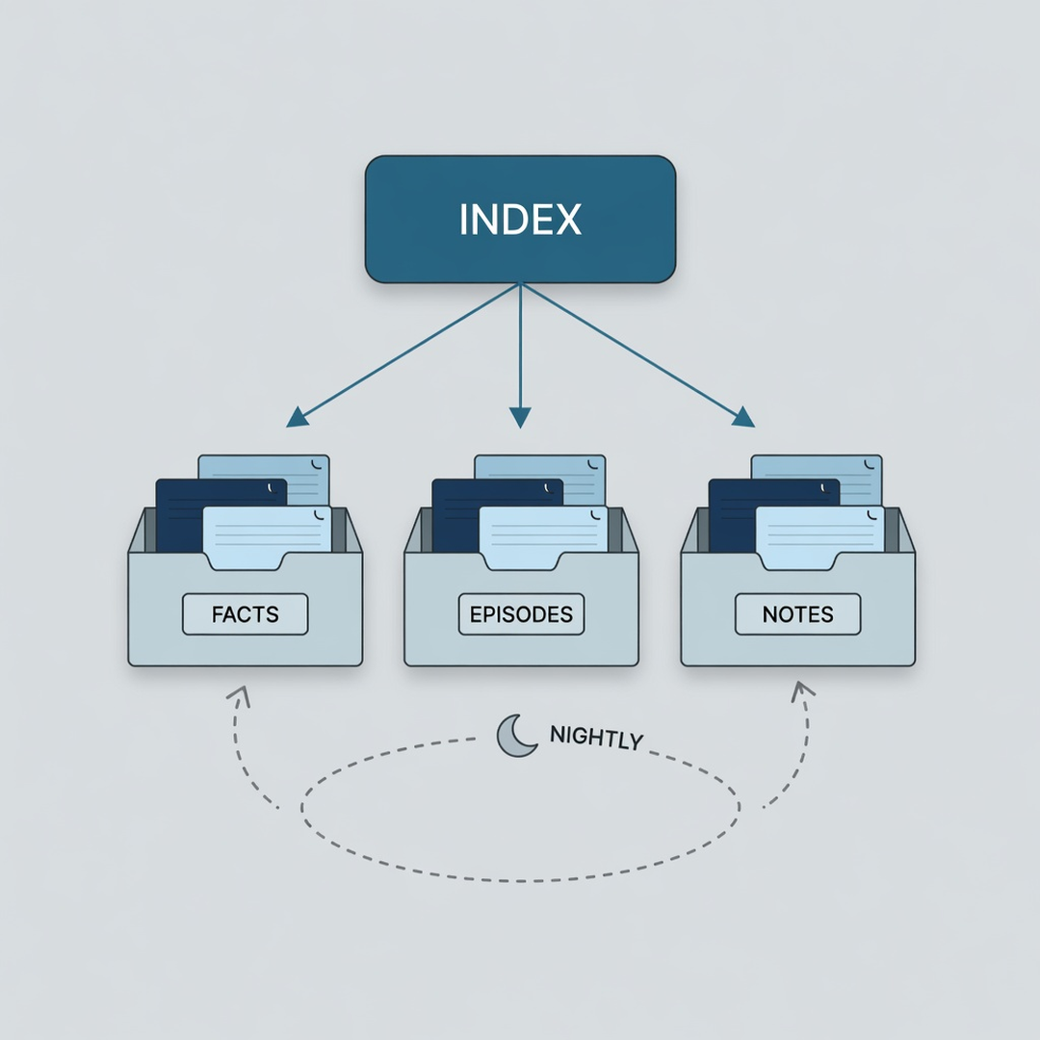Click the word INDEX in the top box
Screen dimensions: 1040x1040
[521, 219]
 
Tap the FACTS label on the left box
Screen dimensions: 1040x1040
[246, 614]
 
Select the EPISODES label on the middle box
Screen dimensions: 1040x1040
[521, 614]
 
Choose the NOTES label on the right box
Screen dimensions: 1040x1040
[798, 614]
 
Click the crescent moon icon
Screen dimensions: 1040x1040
[514, 737]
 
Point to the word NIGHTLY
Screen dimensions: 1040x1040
[596, 738]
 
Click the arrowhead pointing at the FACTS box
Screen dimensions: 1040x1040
[297, 417]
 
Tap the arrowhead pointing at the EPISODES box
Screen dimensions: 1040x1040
[520, 418]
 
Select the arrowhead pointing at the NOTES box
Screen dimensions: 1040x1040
[743, 417]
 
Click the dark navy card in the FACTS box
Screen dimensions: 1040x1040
[179, 514]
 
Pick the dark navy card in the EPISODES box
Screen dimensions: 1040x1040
[455, 514]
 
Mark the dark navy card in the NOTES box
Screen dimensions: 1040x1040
[732, 514]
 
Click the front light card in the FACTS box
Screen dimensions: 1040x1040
[267, 537]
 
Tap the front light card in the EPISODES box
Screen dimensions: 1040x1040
[543, 537]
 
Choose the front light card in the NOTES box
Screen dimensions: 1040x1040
[819, 537]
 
